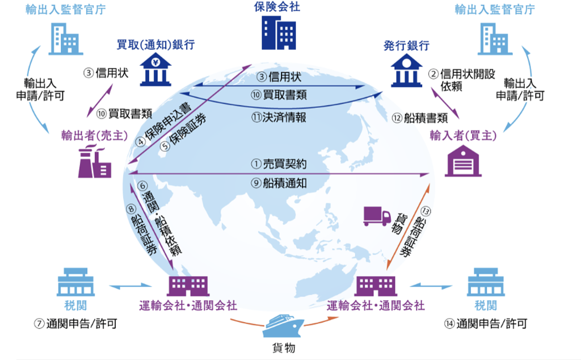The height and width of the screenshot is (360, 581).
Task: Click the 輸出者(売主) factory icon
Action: tap(94, 162)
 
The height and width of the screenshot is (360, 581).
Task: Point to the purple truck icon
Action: tap(377, 216)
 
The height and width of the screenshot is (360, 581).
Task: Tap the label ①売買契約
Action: tap(279, 164)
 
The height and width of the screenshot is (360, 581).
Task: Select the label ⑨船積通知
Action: tap(279, 183)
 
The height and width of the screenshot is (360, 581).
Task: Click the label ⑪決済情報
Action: tap(279, 118)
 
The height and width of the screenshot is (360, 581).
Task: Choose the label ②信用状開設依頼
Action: tap(453, 79)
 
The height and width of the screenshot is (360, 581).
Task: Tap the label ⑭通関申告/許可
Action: tap(486, 324)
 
